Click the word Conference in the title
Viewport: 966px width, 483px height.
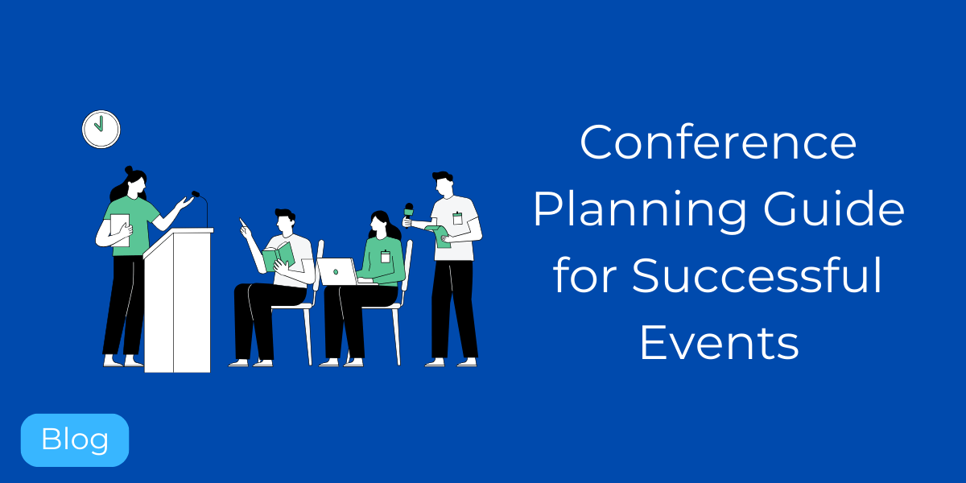(x=718, y=143)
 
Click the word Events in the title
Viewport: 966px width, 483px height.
(x=719, y=342)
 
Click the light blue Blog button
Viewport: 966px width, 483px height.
(x=75, y=440)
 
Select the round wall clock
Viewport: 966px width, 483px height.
(x=101, y=129)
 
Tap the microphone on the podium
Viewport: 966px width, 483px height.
(x=196, y=194)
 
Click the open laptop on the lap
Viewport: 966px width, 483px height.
(x=338, y=271)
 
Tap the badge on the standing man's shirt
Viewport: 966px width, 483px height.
(x=457, y=217)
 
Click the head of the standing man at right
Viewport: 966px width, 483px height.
(x=443, y=185)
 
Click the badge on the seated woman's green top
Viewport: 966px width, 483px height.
(x=385, y=256)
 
